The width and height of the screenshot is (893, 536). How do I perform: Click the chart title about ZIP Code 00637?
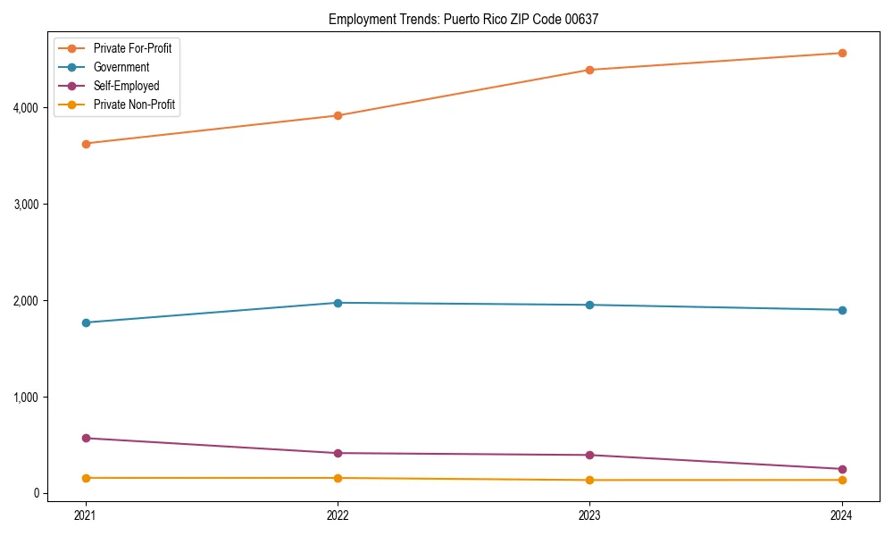(x=463, y=19)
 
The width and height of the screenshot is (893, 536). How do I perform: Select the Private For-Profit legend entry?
(x=132, y=48)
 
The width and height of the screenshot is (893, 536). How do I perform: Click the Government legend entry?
(x=121, y=67)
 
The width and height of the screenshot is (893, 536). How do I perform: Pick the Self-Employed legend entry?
(x=126, y=86)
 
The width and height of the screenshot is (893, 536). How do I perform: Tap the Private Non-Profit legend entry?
(x=134, y=105)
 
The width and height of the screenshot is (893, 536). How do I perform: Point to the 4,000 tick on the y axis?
(x=25, y=108)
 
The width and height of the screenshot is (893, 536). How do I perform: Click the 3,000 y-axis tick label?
(x=25, y=205)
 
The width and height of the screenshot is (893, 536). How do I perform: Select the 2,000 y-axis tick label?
(x=25, y=301)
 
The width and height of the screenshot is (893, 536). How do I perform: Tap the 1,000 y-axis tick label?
(x=25, y=398)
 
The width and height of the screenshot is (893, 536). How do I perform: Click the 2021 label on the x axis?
(x=86, y=515)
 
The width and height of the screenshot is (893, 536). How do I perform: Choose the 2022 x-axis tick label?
(x=338, y=515)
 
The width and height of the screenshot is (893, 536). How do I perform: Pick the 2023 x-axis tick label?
(x=589, y=515)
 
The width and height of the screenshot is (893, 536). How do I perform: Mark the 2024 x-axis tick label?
(x=841, y=515)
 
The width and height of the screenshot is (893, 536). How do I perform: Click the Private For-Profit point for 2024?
(x=842, y=54)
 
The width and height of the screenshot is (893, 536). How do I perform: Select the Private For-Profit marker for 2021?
(x=86, y=143)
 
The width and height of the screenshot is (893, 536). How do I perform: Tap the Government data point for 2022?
(x=338, y=303)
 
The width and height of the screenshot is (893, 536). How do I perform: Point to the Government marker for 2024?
(x=842, y=310)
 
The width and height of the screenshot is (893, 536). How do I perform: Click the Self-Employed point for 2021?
(x=86, y=438)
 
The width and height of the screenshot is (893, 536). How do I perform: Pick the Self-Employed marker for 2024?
(x=842, y=469)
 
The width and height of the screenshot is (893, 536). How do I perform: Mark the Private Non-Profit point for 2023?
(x=589, y=480)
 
